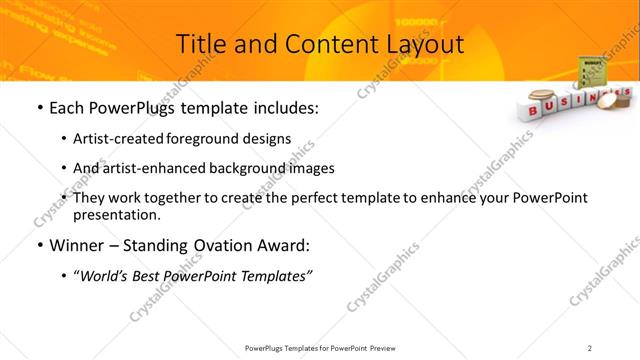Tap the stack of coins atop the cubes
pos(537,98)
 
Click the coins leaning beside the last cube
pos(622,98)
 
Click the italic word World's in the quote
pos(108,276)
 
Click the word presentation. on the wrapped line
pos(117,214)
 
